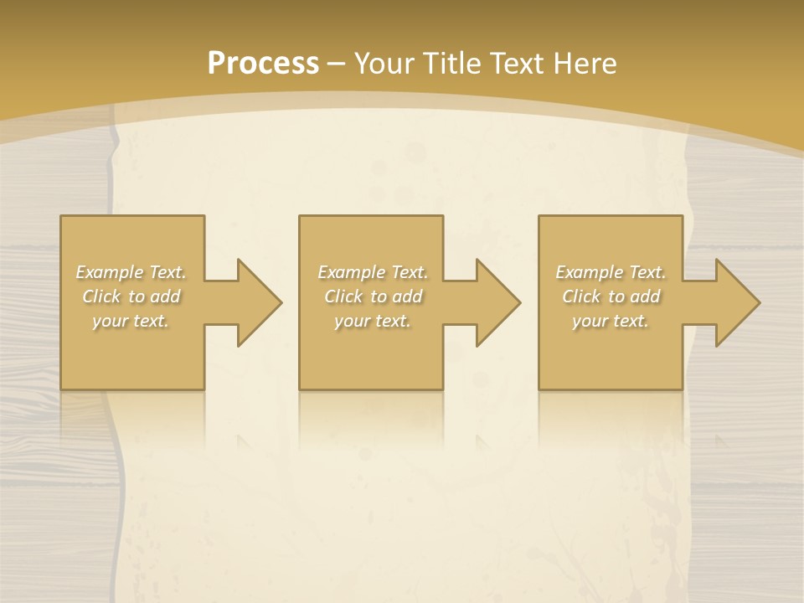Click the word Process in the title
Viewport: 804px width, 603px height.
tap(263, 64)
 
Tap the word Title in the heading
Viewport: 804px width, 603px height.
tap(452, 64)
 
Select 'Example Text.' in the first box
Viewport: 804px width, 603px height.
tap(131, 272)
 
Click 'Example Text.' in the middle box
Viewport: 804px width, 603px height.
tap(373, 272)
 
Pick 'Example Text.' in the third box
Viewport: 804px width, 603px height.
tap(611, 272)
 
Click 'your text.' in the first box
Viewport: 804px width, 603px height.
tap(131, 321)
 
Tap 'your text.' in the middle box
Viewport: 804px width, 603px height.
tap(373, 321)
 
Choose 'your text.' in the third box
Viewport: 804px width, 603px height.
tap(611, 321)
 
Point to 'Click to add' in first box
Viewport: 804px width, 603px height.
tap(131, 296)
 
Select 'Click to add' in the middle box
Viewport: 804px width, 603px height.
tap(373, 296)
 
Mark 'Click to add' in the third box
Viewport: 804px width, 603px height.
tap(611, 296)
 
